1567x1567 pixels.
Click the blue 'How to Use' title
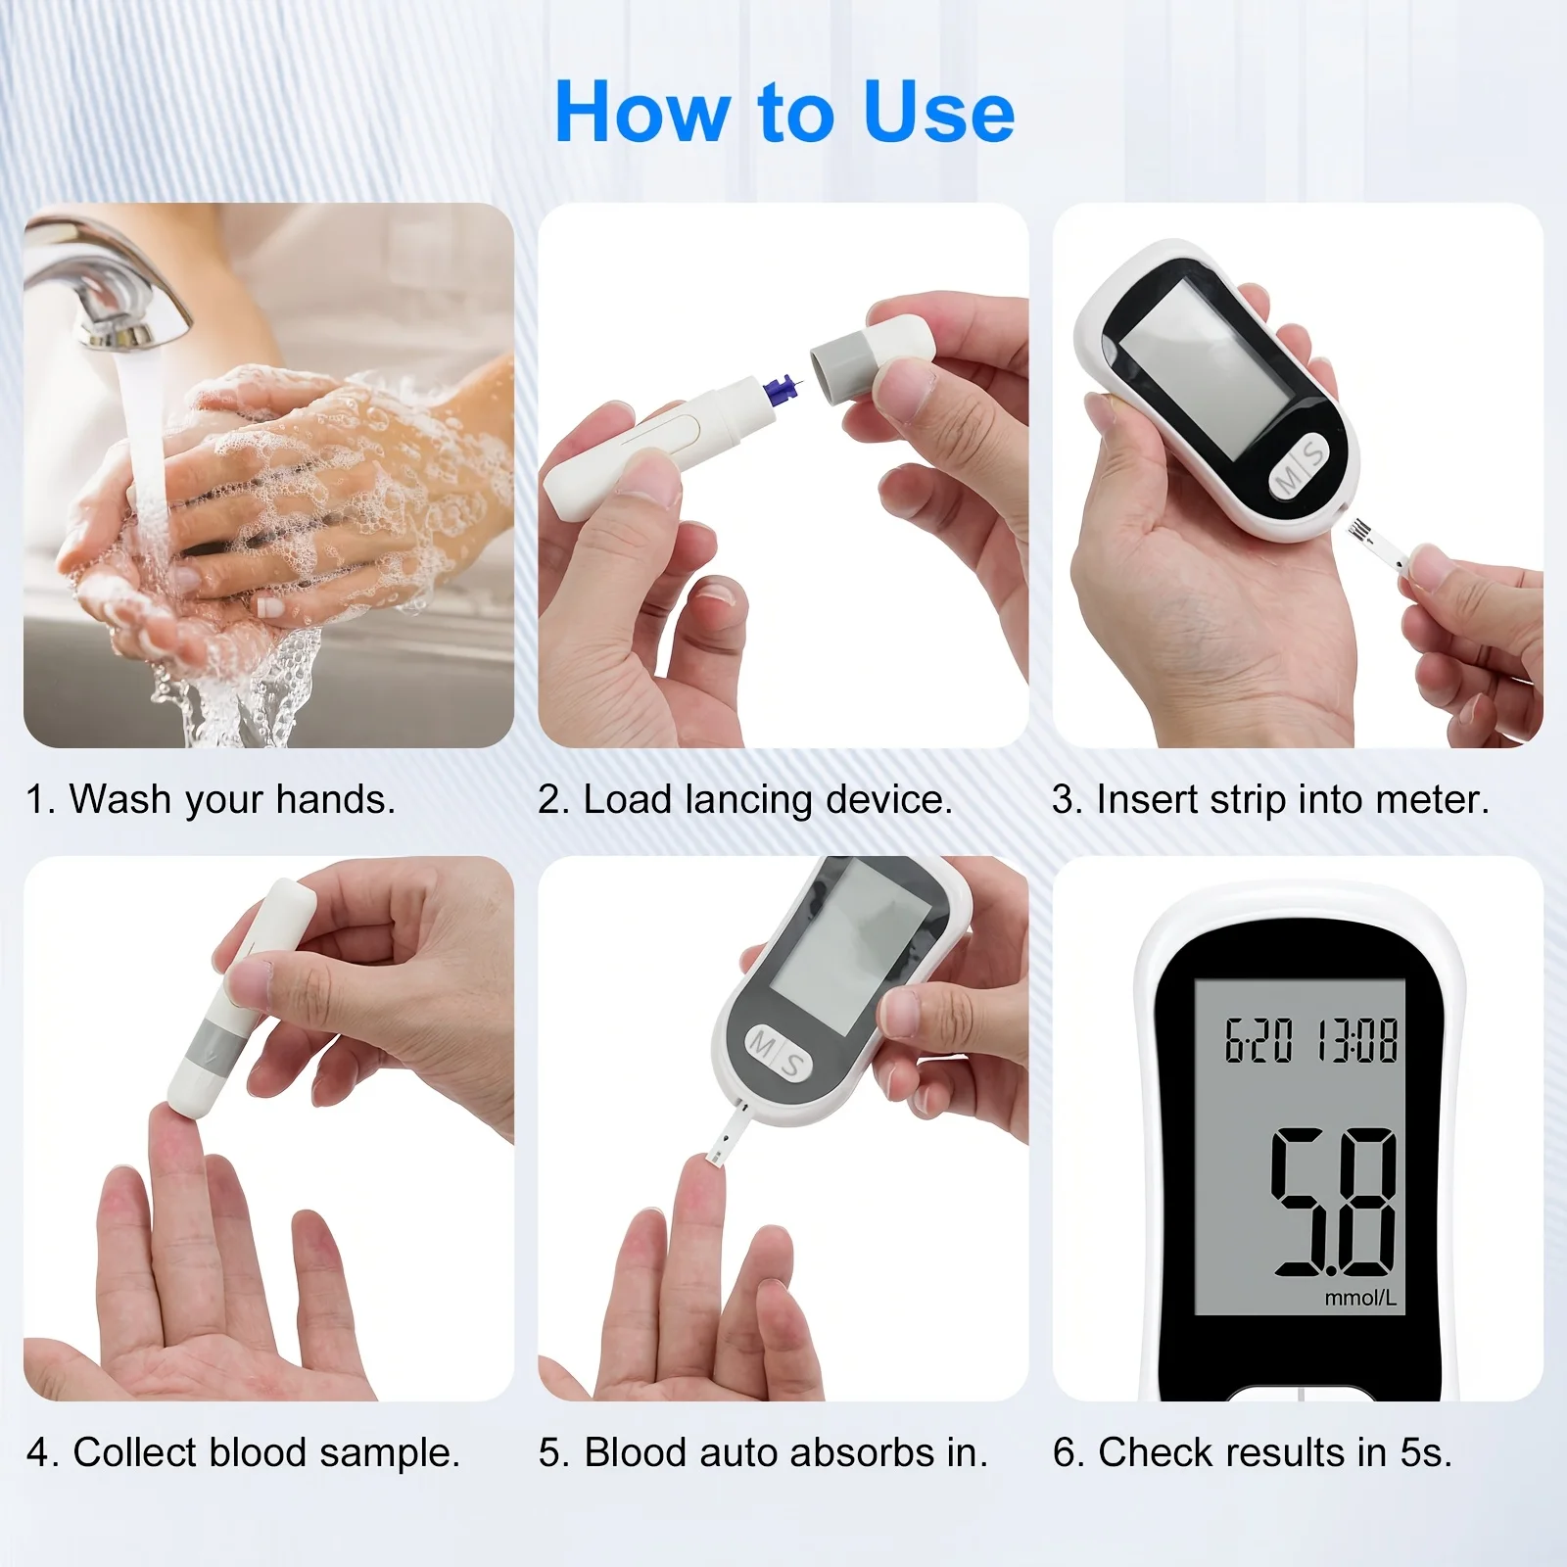[784, 113]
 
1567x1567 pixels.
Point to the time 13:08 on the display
[1356, 1040]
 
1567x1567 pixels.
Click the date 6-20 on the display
[1259, 1040]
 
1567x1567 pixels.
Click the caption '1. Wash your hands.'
[211, 799]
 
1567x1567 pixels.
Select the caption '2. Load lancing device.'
[745, 800]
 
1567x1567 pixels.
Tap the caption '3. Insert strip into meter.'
[1271, 799]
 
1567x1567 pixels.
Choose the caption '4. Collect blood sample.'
[243, 1452]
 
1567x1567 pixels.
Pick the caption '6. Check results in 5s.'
[1253, 1452]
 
